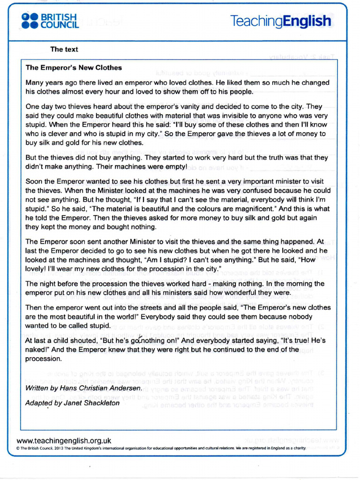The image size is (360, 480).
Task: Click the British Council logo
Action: pyautogui.click(x=50, y=21)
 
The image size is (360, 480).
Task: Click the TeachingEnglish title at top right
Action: pyautogui.click(x=280, y=21)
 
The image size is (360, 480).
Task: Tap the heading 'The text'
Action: pyautogui.click(x=64, y=49)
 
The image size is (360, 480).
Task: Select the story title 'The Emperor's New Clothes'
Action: pyautogui.click(x=74, y=67)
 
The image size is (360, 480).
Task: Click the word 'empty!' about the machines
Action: pyautogui.click(x=175, y=167)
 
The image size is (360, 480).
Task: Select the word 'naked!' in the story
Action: pyautogui.click(x=36, y=350)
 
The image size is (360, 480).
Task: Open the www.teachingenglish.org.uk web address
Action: pyautogui.click(x=64, y=441)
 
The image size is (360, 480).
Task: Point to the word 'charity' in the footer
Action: pyautogui.click(x=299, y=448)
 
